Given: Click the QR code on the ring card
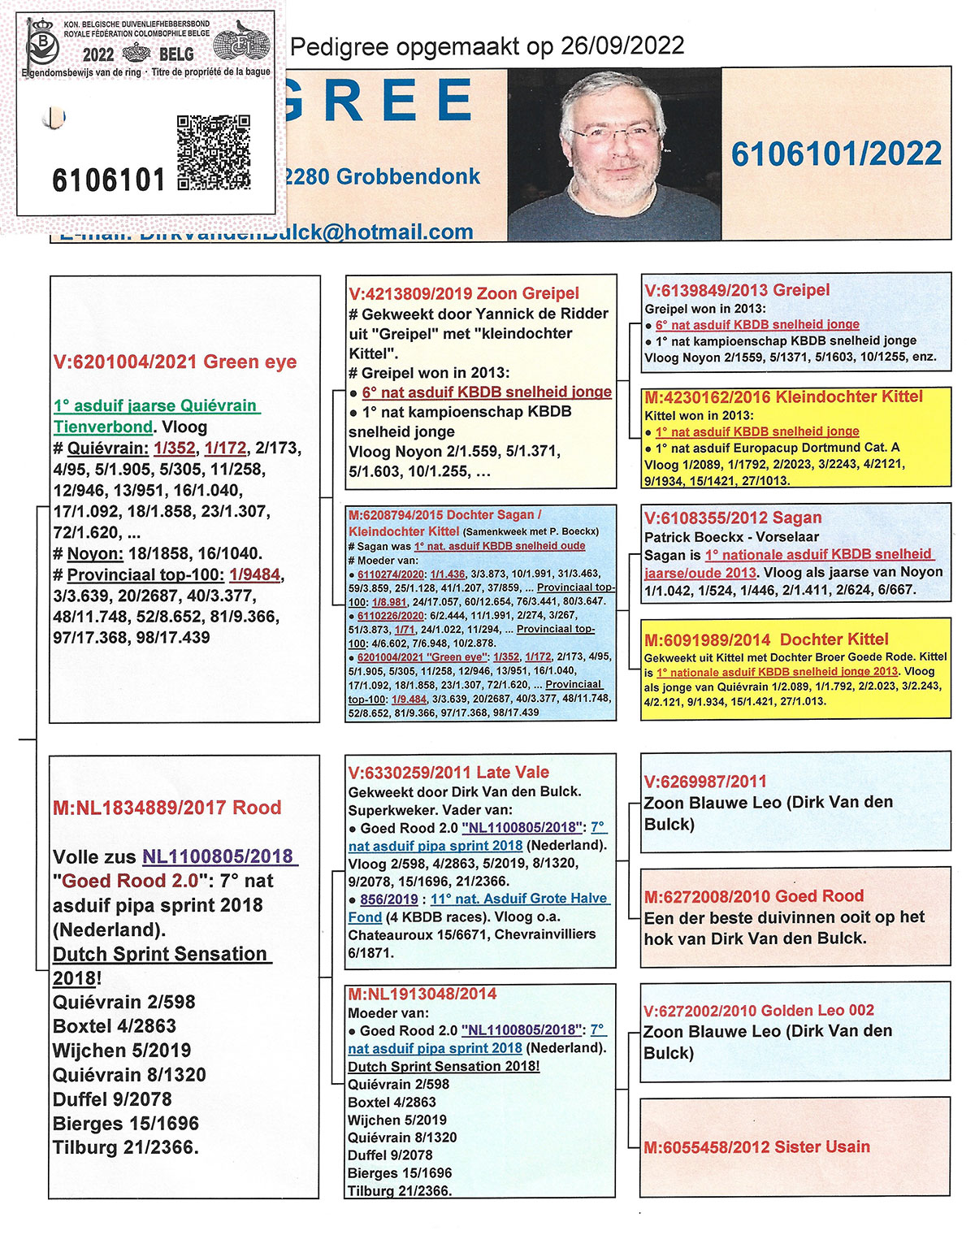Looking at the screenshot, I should (213, 152).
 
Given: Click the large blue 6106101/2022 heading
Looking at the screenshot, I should (836, 154).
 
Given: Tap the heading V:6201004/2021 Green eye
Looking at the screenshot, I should (175, 362).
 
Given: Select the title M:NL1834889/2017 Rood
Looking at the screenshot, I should (167, 808).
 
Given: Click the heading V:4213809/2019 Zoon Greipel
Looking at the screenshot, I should (464, 293).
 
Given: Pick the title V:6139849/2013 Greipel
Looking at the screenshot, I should (737, 290).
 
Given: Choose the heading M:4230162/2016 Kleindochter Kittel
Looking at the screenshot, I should (783, 397).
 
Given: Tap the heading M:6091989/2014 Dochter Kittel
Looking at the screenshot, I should (766, 639).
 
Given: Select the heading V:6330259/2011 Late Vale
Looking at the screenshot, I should (448, 773).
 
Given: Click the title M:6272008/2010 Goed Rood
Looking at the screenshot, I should (753, 896).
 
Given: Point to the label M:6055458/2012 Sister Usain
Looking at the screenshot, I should (756, 1147).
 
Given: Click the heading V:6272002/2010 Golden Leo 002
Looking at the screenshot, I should (758, 1011).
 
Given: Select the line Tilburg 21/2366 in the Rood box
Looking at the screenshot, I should (126, 1148).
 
